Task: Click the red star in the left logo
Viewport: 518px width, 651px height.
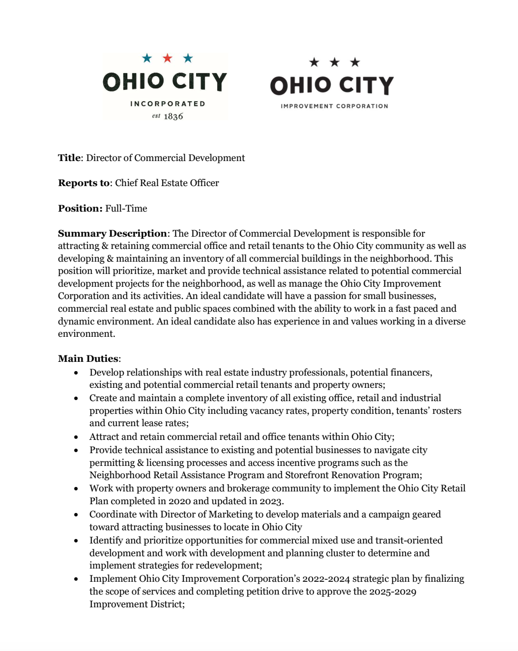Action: pyautogui.click(x=168, y=58)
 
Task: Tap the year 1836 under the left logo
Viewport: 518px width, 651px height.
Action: pyautogui.click(x=173, y=116)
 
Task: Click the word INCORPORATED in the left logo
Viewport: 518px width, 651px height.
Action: pyautogui.click(x=168, y=104)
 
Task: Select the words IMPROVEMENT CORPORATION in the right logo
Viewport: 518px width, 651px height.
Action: pyautogui.click(x=334, y=106)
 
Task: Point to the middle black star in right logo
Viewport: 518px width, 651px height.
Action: pyautogui.click(x=335, y=62)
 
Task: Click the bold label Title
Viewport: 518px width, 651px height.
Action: pyautogui.click(x=69, y=158)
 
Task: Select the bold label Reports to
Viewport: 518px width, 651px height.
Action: pyautogui.click(x=84, y=183)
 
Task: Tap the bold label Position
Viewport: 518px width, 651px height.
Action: pyautogui.click(x=80, y=208)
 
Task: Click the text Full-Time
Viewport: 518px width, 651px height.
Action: pyautogui.click(x=126, y=208)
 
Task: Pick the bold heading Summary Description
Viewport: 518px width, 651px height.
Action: pyautogui.click(x=113, y=233)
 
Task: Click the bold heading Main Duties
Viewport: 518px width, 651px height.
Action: pyautogui.click(x=88, y=358)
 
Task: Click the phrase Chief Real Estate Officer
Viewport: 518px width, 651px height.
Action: pyautogui.click(x=167, y=183)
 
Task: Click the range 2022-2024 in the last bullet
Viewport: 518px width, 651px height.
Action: pyautogui.click(x=326, y=579)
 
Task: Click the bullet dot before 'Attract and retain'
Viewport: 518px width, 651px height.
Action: pyautogui.click(x=76, y=437)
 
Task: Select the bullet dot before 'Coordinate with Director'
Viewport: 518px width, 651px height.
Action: pyautogui.click(x=76, y=515)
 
